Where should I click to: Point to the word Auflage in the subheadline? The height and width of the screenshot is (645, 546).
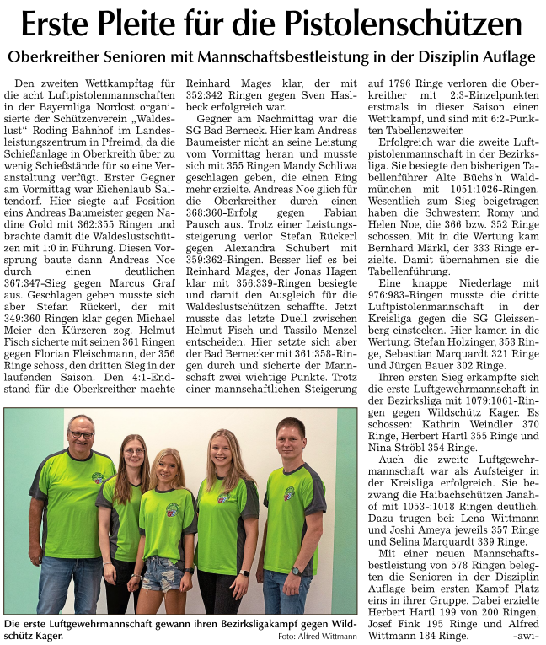(504, 57)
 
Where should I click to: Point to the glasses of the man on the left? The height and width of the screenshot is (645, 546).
(82, 435)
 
